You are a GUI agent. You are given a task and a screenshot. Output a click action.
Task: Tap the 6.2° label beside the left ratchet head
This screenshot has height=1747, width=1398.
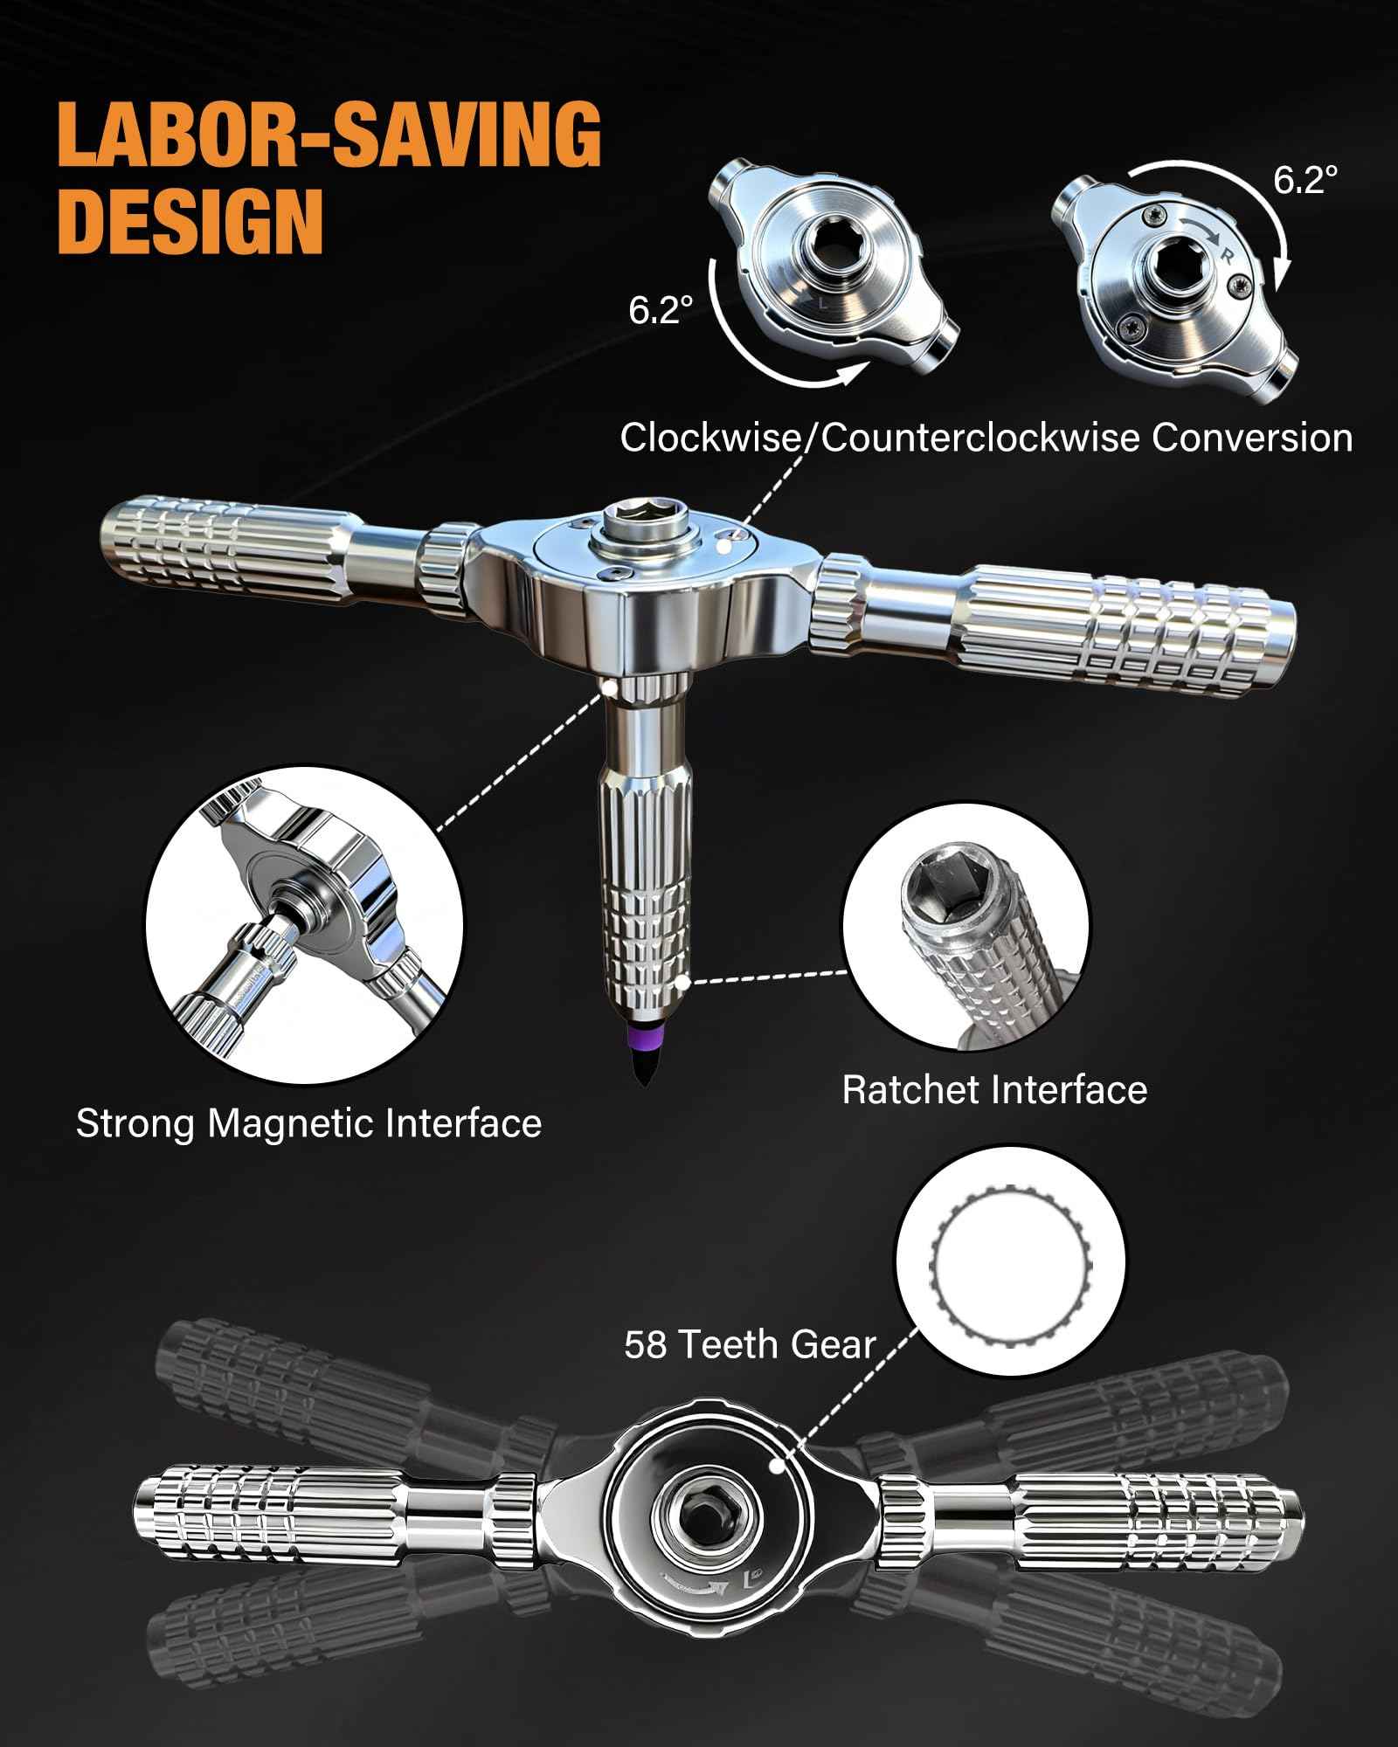pyautogui.click(x=661, y=310)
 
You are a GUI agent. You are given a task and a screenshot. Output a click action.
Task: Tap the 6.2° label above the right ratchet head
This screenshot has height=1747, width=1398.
pyautogui.click(x=1305, y=179)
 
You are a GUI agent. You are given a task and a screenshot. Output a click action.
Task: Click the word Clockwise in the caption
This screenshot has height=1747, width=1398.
pyautogui.click(x=706, y=438)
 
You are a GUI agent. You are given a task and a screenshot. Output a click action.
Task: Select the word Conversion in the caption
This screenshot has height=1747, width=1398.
pyautogui.click(x=1251, y=438)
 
